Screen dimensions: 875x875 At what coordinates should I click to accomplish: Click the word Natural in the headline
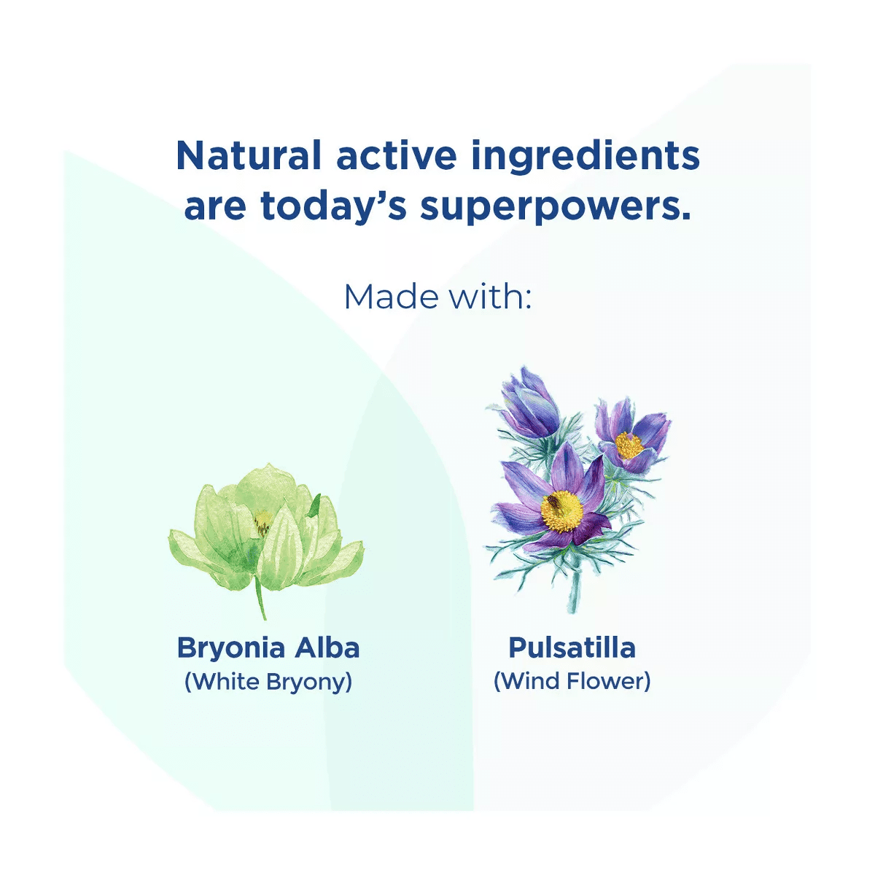(249, 155)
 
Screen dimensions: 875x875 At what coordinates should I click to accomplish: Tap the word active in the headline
(397, 155)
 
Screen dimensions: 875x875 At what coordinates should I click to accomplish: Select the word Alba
(327, 647)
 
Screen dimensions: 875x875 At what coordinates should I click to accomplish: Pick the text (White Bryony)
(268, 682)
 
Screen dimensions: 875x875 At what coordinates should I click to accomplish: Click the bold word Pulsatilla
(572, 647)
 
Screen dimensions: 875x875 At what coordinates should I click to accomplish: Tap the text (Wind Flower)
(572, 681)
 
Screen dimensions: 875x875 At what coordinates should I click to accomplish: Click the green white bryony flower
(266, 529)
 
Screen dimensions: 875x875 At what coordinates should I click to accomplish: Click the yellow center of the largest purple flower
(561, 512)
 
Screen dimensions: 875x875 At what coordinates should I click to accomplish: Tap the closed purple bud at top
(532, 404)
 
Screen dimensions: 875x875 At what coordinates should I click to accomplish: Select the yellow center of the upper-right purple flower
(629, 445)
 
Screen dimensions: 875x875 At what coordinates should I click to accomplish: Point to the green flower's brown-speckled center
(263, 522)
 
